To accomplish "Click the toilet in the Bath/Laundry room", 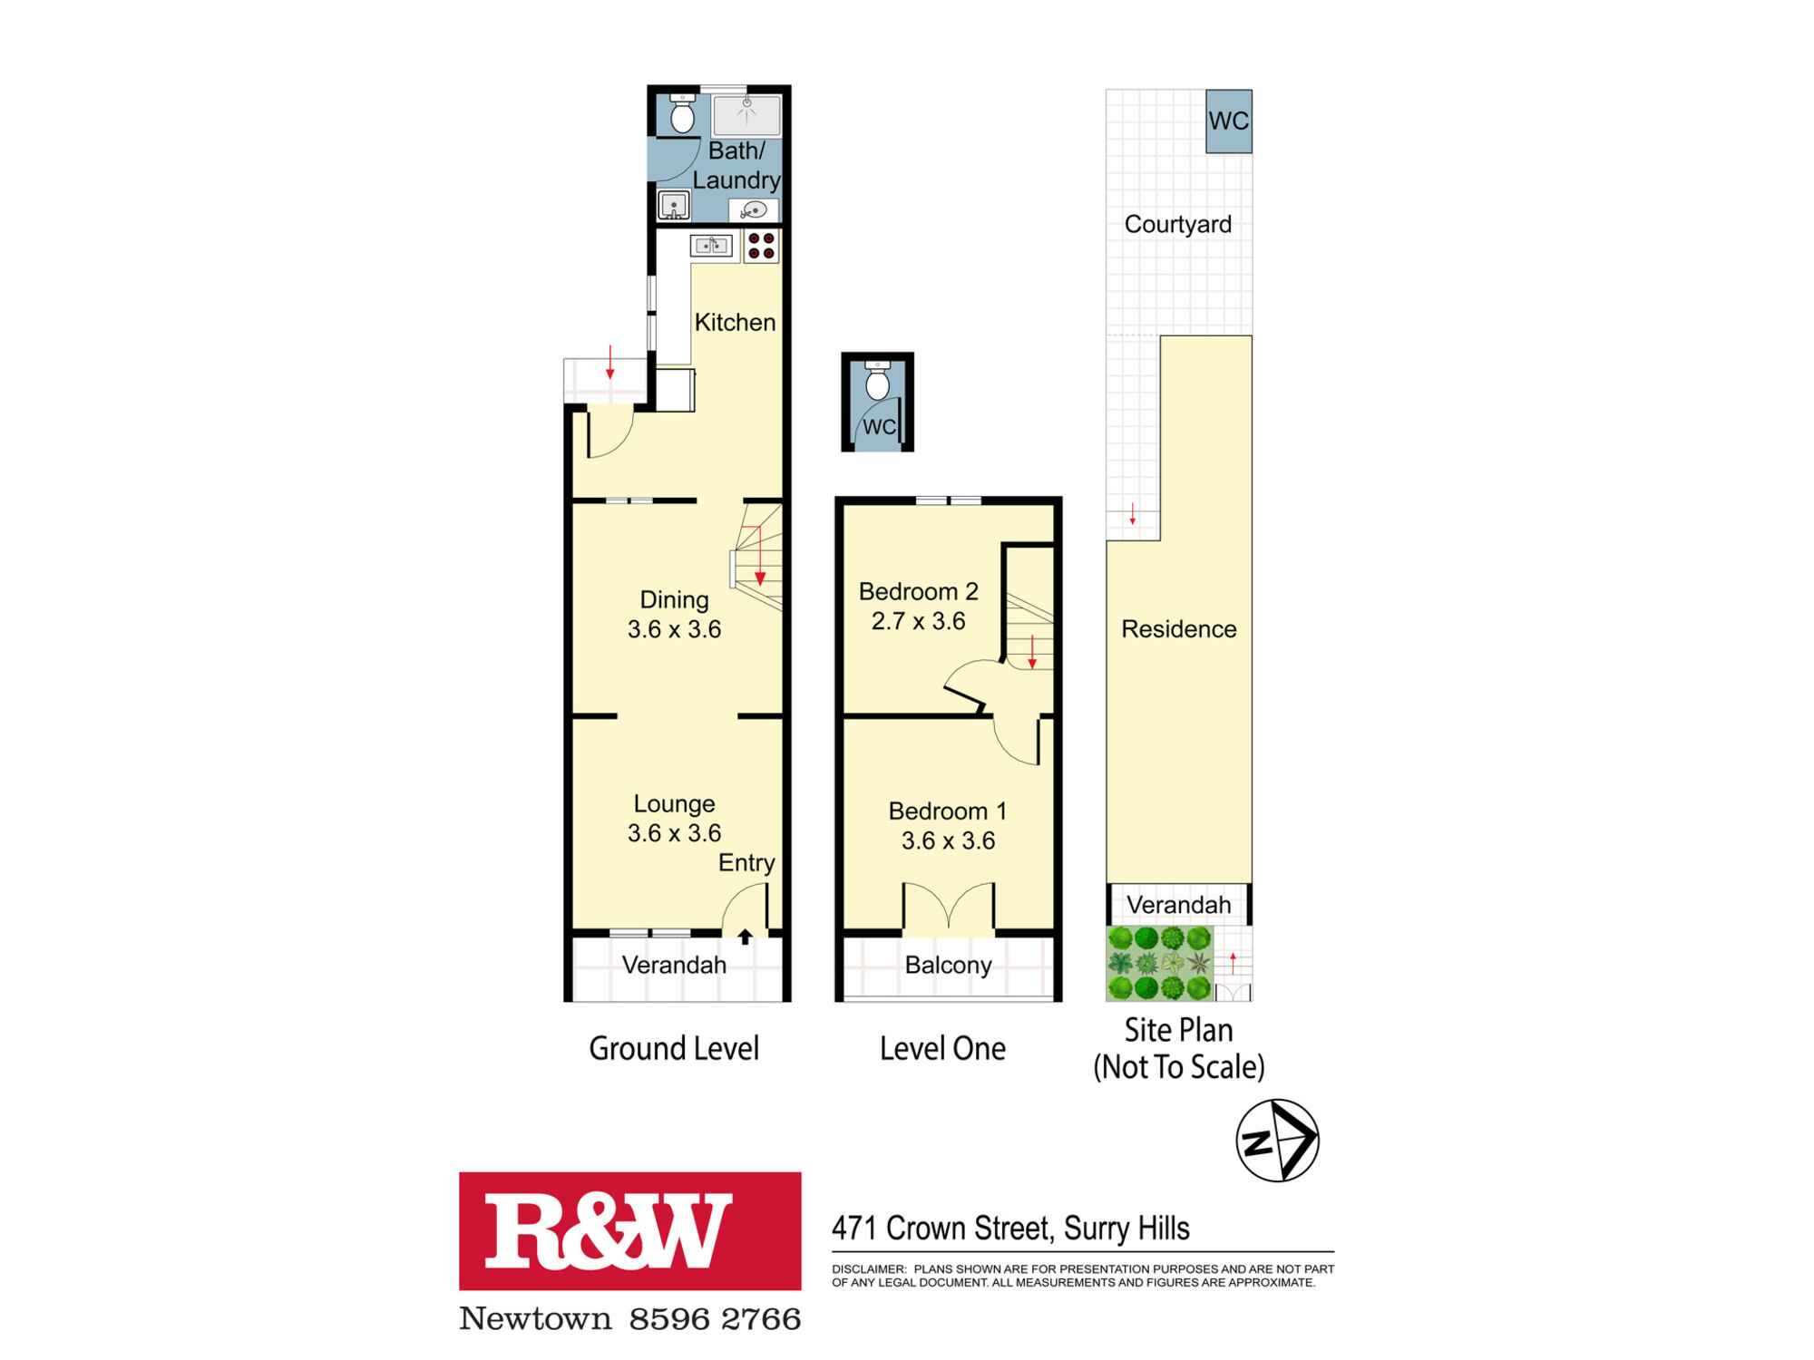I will coord(682,114).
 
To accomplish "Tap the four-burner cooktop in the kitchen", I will coord(761,246).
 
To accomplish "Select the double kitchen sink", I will coord(711,245).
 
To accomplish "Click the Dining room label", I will coord(674,599).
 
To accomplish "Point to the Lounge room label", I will coord(674,803).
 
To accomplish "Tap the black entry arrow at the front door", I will coord(745,937).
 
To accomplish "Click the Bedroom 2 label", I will coord(918,592).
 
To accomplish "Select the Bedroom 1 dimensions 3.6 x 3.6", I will coord(948,840).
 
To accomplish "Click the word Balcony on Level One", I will coord(948,965).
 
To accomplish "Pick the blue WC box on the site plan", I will coord(1229,121).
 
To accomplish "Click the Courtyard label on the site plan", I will coord(1177,224).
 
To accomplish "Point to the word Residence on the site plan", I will coord(1178,628).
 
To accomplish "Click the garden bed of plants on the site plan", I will coord(1159,962).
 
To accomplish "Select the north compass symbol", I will coord(1277,1141).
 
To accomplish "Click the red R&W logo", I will coord(629,1230).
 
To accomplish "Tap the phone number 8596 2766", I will coord(715,1318).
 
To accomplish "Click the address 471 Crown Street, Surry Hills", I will coord(1010,1229).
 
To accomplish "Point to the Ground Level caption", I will coord(674,1048).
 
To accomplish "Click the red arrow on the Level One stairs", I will coord(1031,652).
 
